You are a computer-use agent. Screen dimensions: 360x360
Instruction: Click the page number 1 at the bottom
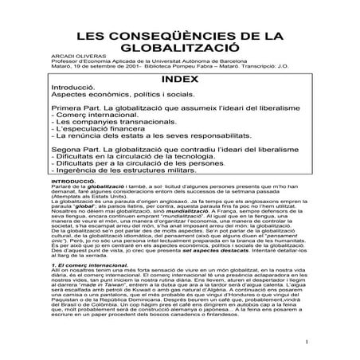tap(305, 345)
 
